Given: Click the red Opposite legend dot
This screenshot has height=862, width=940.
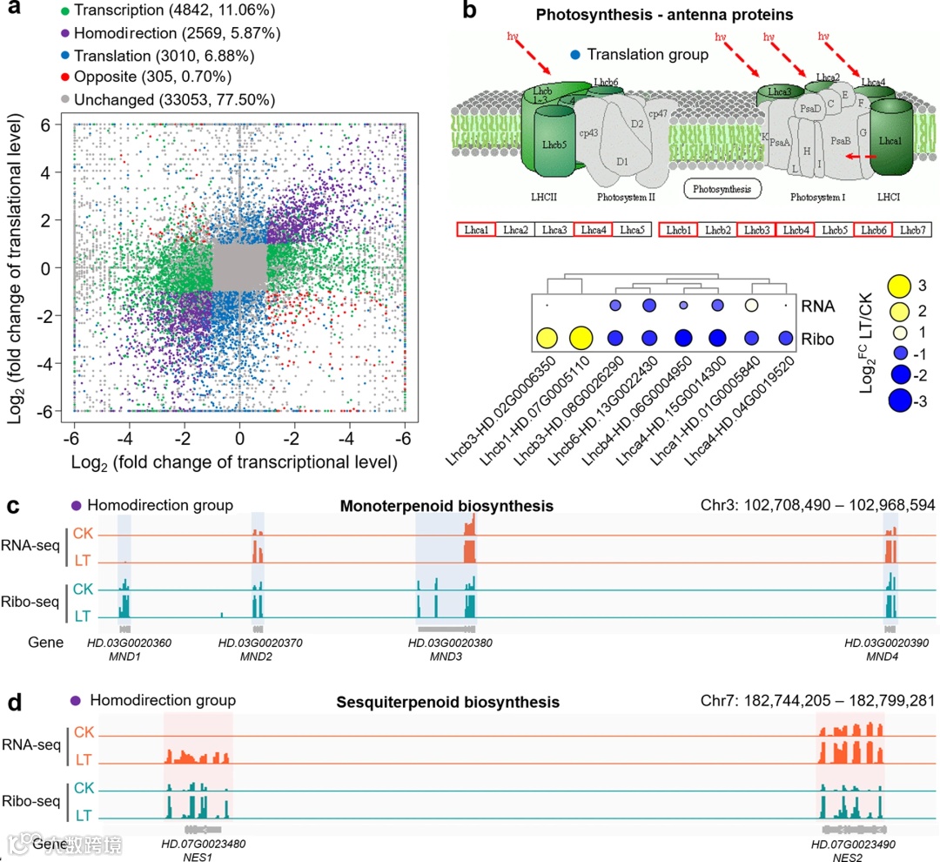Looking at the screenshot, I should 64,77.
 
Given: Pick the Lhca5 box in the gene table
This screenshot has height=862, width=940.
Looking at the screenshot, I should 632,230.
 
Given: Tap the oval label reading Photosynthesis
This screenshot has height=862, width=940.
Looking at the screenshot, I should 722,187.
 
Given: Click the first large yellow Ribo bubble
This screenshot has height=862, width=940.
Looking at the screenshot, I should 547,338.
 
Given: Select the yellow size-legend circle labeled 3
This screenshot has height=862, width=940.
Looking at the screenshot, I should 898,285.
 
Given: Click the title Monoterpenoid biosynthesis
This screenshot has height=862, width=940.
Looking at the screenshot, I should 446,506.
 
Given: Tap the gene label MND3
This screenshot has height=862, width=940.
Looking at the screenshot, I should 446,656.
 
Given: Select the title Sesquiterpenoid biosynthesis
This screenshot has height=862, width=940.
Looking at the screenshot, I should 448,702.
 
